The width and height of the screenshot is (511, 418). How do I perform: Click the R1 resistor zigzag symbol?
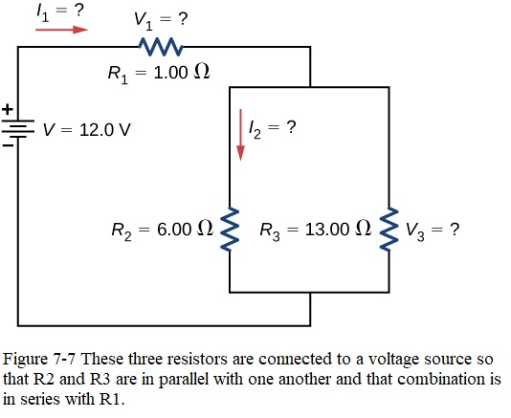[161, 47]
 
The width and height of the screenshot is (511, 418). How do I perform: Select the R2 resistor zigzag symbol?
[230, 229]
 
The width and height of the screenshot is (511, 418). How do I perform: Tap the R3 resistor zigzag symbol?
[389, 229]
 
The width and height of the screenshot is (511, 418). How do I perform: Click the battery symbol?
[18, 129]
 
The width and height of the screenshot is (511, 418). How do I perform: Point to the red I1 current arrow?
[61, 30]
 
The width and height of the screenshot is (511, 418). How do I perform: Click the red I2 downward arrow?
[240, 135]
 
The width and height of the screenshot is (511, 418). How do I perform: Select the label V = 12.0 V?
[87, 130]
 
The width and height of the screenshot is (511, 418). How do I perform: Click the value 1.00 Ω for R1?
[182, 72]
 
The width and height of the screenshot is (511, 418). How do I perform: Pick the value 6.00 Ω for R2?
[185, 229]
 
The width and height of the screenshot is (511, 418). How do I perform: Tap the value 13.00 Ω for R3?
[338, 229]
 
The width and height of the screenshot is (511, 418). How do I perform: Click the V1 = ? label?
[161, 20]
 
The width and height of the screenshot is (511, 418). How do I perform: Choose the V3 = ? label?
[433, 231]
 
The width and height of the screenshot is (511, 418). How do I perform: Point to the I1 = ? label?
[60, 13]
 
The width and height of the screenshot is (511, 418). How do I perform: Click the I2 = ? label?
[273, 129]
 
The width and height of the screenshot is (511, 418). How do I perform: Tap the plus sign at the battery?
[8, 109]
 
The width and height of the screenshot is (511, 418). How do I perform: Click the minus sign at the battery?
[9, 145]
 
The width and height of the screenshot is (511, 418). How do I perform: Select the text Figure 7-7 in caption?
[39, 360]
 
